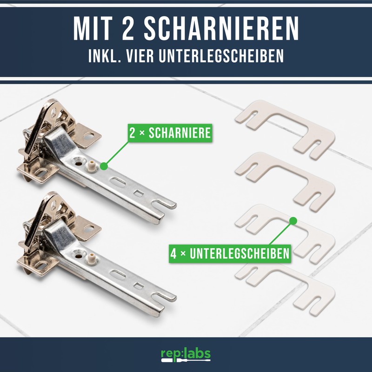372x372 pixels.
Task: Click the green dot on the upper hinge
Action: point(104,165)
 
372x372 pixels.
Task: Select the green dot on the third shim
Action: point(292,220)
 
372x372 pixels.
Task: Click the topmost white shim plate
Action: point(285,124)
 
